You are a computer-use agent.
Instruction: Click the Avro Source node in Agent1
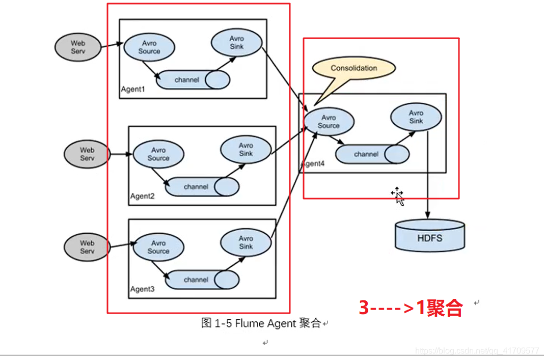149,47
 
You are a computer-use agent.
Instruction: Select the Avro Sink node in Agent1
236,42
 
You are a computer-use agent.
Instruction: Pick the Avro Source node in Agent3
158,247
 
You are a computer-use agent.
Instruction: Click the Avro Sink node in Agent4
416,117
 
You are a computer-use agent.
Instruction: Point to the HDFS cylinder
430,236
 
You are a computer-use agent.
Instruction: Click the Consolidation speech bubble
353,68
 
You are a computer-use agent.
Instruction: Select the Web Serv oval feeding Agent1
78,47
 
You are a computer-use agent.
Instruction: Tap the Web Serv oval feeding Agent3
87,247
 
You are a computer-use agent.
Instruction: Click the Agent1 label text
133,90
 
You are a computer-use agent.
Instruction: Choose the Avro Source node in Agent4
329,122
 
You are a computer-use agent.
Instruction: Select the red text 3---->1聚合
411,308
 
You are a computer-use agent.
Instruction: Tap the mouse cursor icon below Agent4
398,196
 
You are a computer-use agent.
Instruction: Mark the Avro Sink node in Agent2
246,149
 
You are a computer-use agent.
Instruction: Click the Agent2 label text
142,196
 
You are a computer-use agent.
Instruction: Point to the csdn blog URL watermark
477,351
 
